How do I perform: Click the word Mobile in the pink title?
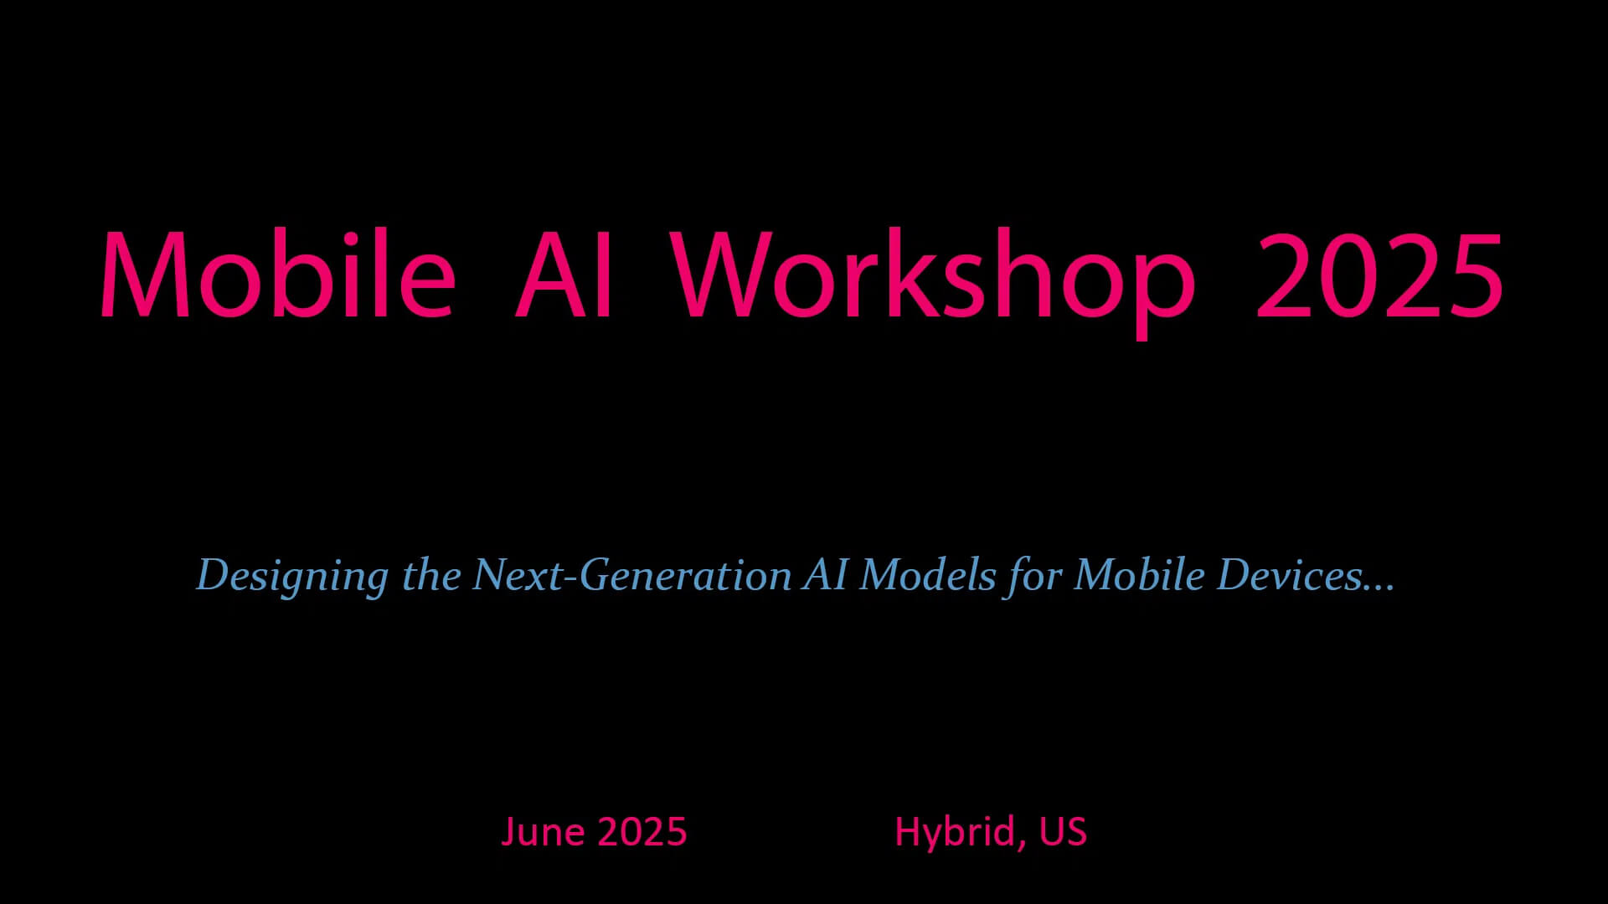pos(278,273)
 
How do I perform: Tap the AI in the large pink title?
pos(564,275)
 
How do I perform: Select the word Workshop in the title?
pos(933,281)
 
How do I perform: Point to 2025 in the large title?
pos(1379,275)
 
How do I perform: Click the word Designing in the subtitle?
pos(292,576)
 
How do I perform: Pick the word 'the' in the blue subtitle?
pos(431,574)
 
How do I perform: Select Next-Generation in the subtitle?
pos(632,574)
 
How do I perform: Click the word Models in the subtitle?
pos(928,574)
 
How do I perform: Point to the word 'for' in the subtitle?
pos(1035,576)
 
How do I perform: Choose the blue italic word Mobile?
pos(1140,574)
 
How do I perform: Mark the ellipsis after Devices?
pos(1379,588)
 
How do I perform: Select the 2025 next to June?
pos(642,832)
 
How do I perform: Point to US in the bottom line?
pos(1063,832)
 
